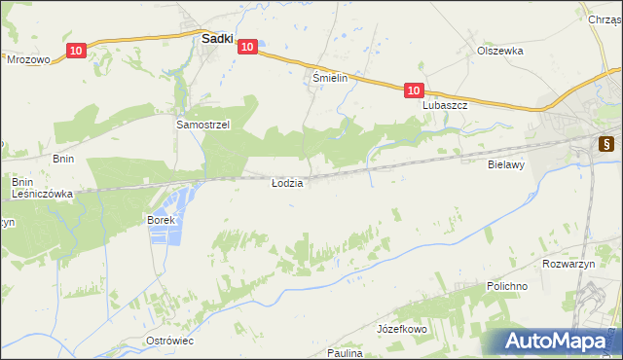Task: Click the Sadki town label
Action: pyautogui.click(x=216, y=40)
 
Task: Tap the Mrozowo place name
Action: pyautogui.click(x=28, y=59)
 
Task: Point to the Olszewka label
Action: pyautogui.click(x=500, y=51)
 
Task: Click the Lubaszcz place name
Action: pyautogui.click(x=446, y=105)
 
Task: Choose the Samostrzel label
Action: pyautogui.click(x=202, y=126)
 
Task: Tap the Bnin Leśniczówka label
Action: pyautogui.click(x=42, y=188)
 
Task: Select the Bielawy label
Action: pyautogui.click(x=506, y=165)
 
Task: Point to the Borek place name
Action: pyautogui.click(x=161, y=220)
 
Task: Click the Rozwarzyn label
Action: pyautogui.click(x=567, y=264)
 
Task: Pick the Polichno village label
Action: pyautogui.click(x=506, y=287)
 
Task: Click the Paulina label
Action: pyautogui.click(x=345, y=353)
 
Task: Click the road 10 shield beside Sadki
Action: pyautogui.click(x=247, y=46)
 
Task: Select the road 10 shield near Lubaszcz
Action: pyautogui.click(x=414, y=90)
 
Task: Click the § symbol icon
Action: pyautogui.click(x=605, y=144)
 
